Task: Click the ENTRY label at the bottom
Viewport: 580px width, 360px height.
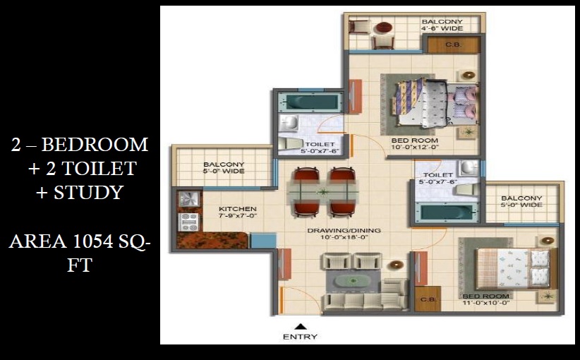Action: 300,337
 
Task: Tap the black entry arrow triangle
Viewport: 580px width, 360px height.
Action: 300,326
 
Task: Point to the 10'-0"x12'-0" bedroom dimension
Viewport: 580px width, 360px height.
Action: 415,148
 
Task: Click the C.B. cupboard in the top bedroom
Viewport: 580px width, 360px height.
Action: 453,44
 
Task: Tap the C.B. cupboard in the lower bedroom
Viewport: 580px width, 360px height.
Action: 426,299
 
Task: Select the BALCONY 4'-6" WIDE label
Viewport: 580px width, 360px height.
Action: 442,26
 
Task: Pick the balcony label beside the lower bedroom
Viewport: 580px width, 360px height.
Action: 522,202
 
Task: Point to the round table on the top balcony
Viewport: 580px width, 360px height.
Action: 383,29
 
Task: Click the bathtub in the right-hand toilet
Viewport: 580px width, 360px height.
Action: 445,212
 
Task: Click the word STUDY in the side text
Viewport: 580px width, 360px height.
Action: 88,192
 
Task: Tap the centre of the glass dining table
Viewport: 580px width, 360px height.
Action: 323,191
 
